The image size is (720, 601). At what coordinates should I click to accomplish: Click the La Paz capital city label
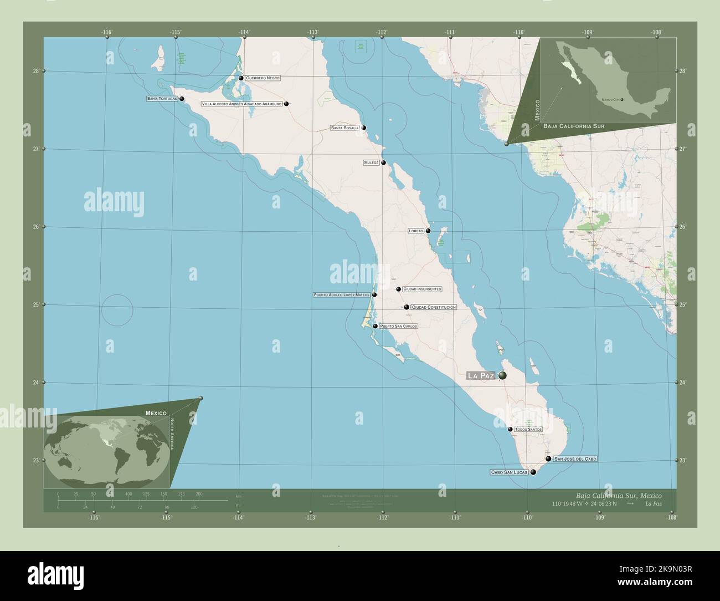[x=481, y=376]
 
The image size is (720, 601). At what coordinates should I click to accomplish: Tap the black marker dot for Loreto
[x=428, y=231]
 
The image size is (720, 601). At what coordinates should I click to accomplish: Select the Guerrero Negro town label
[x=263, y=78]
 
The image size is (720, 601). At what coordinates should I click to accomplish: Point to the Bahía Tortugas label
[x=162, y=99]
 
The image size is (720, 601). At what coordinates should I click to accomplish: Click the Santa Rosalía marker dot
[x=364, y=128]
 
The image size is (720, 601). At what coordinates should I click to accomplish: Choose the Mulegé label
[x=371, y=163]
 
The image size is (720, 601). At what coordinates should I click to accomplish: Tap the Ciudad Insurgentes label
[x=422, y=289]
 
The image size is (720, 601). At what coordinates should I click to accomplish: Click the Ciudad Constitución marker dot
[x=407, y=307]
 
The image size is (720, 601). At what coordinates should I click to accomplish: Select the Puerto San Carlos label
[x=398, y=327]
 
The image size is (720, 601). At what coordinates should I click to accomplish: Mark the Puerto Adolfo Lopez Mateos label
[x=341, y=295]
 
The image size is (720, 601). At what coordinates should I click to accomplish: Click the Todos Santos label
[x=528, y=429]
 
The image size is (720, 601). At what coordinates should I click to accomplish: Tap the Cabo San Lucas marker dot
[x=533, y=472]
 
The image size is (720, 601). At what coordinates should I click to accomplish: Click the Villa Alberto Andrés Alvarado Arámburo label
[x=242, y=104]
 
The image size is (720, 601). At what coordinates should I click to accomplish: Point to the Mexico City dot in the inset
[x=622, y=100]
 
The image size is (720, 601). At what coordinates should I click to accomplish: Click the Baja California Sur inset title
[x=573, y=126]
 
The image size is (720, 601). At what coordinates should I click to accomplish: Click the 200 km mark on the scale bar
[x=199, y=494]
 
